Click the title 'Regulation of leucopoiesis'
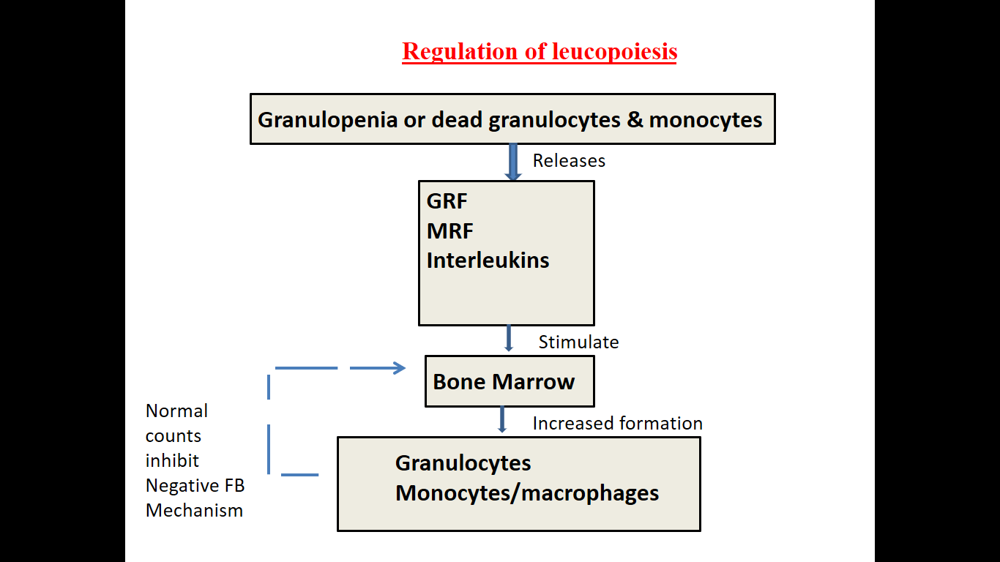click(x=540, y=52)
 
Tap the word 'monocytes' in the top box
click(x=706, y=119)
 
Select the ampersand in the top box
click(x=635, y=119)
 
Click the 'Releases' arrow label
click(x=569, y=161)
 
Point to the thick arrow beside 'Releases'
click(x=513, y=162)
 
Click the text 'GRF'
click(x=447, y=201)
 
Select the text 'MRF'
click(x=450, y=231)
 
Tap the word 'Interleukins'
click(x=488, y=261)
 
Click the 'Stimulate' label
click(x=578, y=342)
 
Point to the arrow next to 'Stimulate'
click(x=509, y=339)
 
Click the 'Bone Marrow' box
click(x=509, y=381)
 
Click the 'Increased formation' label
click(x=617, y=423)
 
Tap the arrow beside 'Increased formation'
click(x=502, y=419)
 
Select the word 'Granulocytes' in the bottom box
click(x=463, y=463)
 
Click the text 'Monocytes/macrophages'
click(x=527, y=493)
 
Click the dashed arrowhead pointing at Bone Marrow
click(x=398, y=368)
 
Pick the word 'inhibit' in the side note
click(x=172, y=461)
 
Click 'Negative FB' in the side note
click(x=195, y=486)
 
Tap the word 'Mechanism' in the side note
click(x=194, y=511)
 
